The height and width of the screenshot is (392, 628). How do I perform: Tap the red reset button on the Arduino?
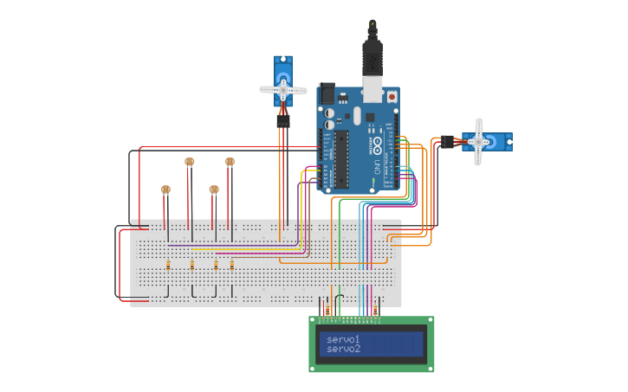(x=392, y=97)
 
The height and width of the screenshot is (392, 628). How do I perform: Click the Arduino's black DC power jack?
(x=327, y=93)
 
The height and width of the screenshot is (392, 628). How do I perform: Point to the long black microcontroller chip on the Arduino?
(x=342, y=158)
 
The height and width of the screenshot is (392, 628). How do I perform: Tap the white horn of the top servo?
(x=283, y=89)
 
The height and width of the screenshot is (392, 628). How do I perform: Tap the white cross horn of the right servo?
(x=477, y=141)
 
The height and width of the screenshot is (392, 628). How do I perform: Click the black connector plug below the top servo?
(x=283, y=121)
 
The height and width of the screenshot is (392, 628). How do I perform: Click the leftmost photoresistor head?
(x=165, y=190)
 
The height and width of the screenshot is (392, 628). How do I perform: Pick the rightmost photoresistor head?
(x=230, y=161)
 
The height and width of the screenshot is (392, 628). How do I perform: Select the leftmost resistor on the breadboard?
(x=168, y=267)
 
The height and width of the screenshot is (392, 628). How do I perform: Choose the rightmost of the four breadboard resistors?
(x=232, y=267)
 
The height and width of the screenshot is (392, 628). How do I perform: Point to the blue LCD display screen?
(x=372, y=344)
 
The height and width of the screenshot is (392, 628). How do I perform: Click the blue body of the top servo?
(x=283, y=69)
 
